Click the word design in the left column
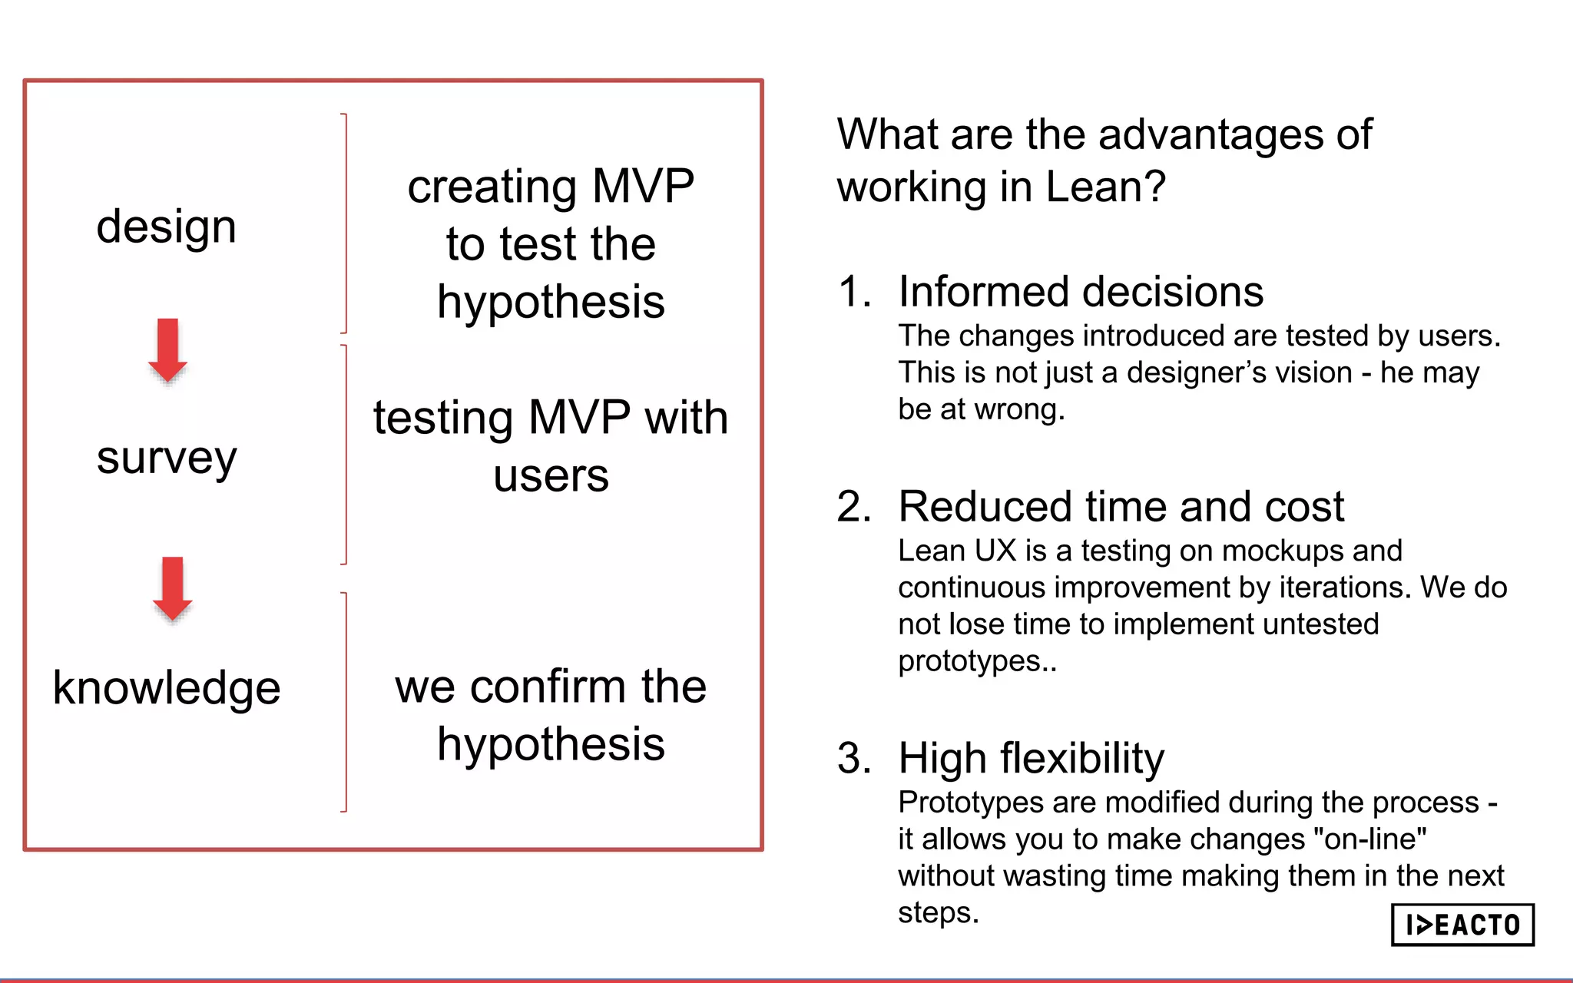(166, 227)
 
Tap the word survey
(166, 458)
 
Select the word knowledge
(166, 687)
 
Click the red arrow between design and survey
(167, 349)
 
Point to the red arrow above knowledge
(172, 588)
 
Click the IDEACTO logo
(1462, 925)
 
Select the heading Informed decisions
(1080, 293)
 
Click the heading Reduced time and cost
(1121, 507)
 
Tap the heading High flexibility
(1031, 759)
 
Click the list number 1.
(853, 293)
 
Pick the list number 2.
(853, 507)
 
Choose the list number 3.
(853, 759)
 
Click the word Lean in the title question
(1085, 187)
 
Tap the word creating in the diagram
(492, 187)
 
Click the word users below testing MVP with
(551, 477)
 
